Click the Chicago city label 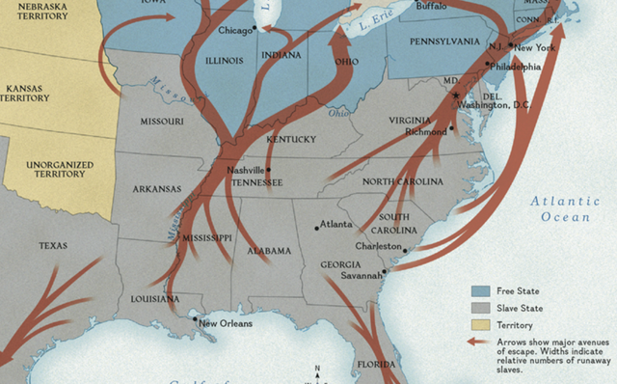pos(234,30)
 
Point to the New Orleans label pos(225,323)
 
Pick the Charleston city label pos(377,245)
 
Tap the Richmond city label pos(425,131)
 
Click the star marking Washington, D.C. pos(457,95)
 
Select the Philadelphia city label pos(515,68)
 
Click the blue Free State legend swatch pos(479,290)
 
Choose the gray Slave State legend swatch pos(479,308)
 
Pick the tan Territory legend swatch pos(479,325)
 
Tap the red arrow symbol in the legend pos(479,343)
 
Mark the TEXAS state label pos(53,246)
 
